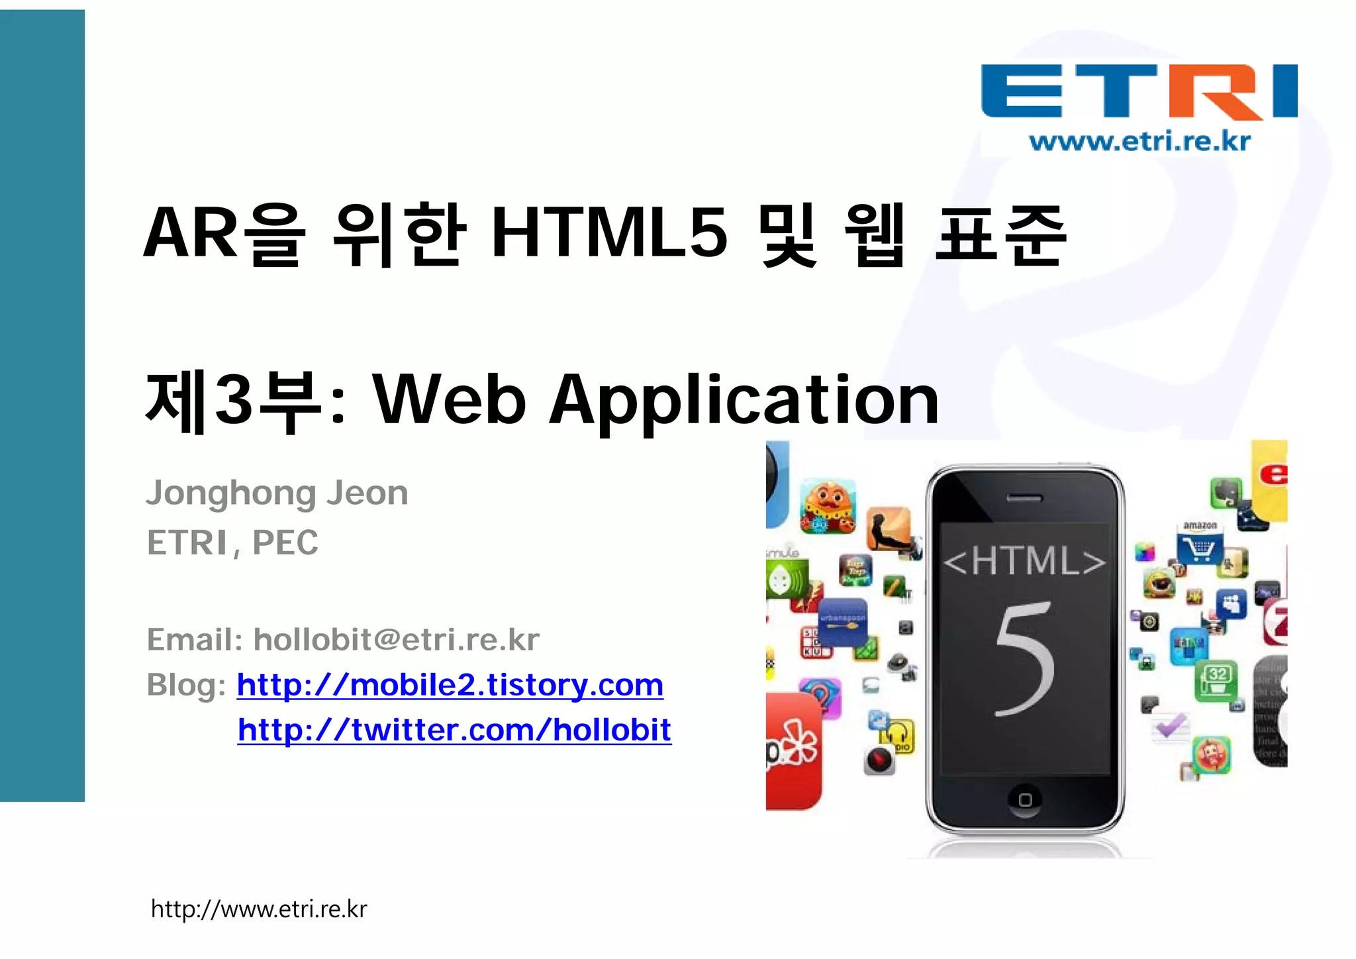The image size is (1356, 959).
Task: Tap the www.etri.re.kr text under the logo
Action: click(x=1139, y=141)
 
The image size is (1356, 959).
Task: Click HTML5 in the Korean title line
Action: click(x=609, y=233)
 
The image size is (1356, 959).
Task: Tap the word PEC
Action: click(x=285, y=543)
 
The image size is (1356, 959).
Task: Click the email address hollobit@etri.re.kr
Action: click(x=396, y=640)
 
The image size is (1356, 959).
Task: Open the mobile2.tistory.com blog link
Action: click(x=450, y=685)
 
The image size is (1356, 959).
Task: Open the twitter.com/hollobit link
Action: click(x=454, y=730)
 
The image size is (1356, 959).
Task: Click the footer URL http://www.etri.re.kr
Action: click(x=259, y=909)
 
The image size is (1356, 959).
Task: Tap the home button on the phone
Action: click(x=1025, y=799)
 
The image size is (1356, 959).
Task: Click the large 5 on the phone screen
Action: click(x=1025, y=658)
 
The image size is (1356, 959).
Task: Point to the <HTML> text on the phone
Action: click(x=1024, y=562)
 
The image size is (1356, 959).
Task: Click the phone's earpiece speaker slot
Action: click(x=1024, y=499)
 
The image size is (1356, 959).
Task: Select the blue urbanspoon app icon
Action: click(x=842, y=621)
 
